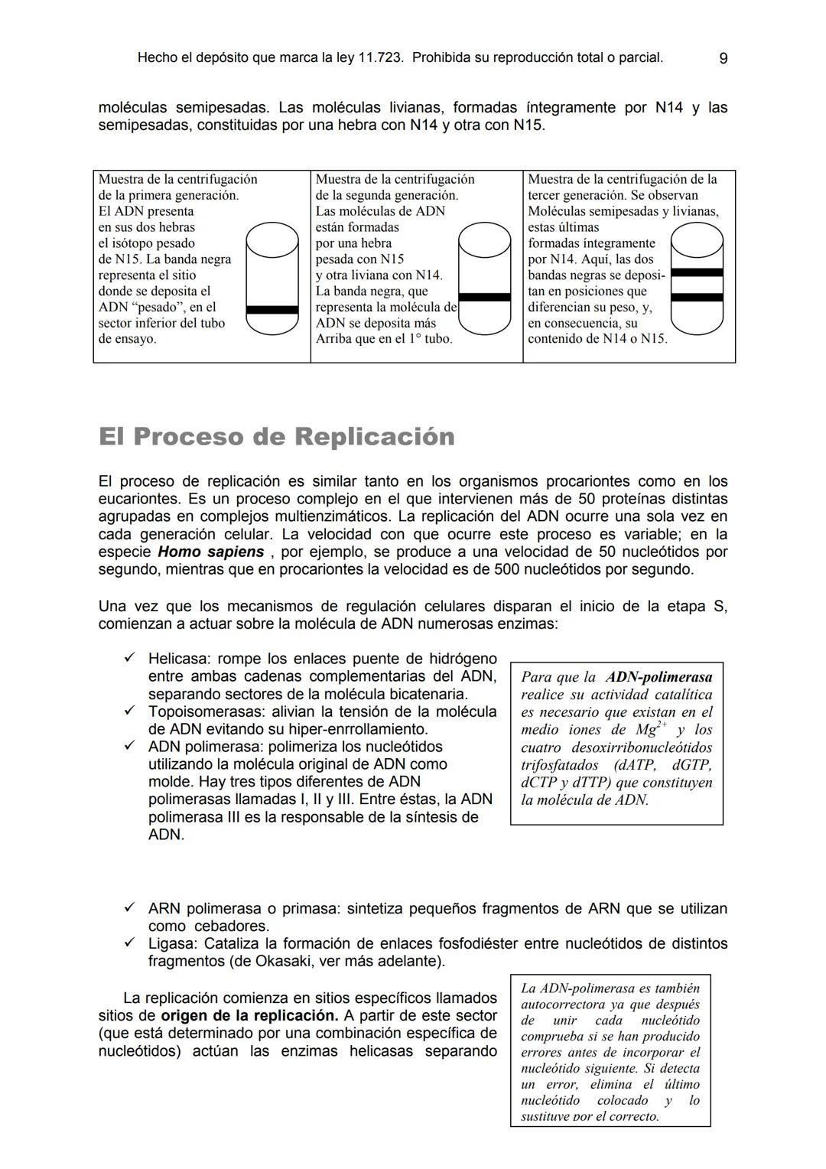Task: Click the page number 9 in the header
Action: (x=724, y=58)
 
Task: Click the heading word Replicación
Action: (x=374, y=437)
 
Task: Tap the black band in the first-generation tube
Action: (x=272, y=310)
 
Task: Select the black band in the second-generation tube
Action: (x=484, y=297)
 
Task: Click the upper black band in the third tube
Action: (x=696, y=272)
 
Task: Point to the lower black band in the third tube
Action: (x=696, y=298)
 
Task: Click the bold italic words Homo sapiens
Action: (x=210, y=552)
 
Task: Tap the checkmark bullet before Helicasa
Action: (x=130, y=658)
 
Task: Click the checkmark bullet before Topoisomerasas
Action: (x=130, y=711)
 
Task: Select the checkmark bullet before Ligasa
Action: (x=130, y=943)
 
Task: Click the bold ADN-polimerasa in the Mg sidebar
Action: (x=659, y=677)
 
